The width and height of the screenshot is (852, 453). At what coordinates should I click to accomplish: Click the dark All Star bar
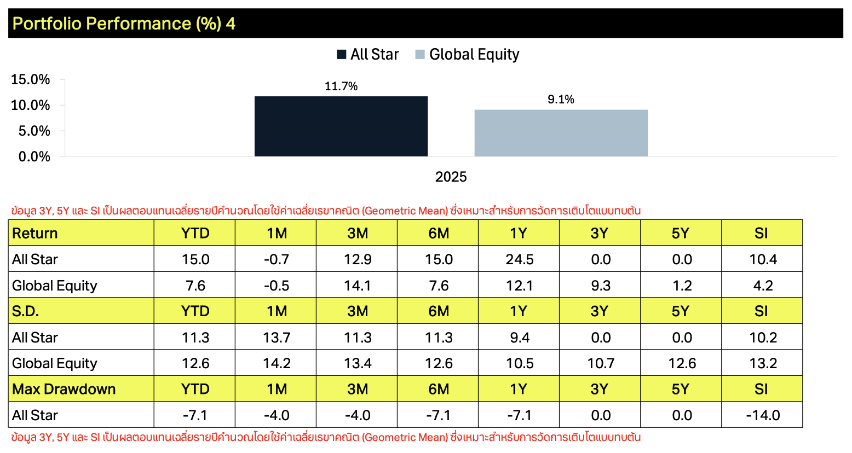click(x=341, y=126)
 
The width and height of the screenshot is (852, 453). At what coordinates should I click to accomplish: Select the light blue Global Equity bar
click(x=561, y=133)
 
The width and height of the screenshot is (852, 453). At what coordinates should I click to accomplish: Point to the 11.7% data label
click(x=341, y=86)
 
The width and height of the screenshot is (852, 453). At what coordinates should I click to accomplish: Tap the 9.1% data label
click(x=561, y=99)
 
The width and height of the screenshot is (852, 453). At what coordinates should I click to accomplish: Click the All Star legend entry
click(x=367, y=54)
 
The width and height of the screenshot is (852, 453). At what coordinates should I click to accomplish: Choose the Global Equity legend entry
click(x=467, y=54)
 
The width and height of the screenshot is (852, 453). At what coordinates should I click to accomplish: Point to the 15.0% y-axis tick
click(x=31, y=79)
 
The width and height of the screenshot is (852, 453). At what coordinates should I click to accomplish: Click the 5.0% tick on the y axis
click(x=34, y=131)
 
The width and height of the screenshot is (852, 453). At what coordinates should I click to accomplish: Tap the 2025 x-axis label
click(x=451, y=177)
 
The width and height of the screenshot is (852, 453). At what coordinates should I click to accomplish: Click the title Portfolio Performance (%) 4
click(x=124, y=24)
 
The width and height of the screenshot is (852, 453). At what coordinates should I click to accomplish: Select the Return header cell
click(x=81, y=233)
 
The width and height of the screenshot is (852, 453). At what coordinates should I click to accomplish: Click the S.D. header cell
click(x=81, y=311)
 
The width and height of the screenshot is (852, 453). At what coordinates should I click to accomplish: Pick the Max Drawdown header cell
click(x=81, y=389)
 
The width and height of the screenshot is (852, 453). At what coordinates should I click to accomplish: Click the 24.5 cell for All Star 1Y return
click(x=519, y=259)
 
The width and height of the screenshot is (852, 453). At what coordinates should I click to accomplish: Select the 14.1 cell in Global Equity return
click(x=357, y=285)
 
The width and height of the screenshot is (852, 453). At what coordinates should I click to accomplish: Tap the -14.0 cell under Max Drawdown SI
click(x=763, y=415)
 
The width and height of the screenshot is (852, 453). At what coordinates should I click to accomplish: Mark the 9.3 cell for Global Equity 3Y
click(x=600, y=285)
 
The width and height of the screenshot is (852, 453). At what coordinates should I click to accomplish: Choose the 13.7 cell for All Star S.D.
click(x=276, y=337)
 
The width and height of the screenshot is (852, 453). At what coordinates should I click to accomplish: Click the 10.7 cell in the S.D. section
click(x=600, y=363)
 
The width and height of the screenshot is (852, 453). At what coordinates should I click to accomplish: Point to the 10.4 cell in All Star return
click(x=763, y=259)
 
